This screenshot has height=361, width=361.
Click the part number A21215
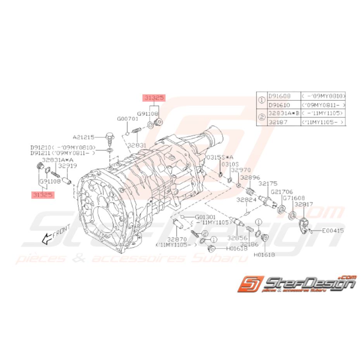pos(84,137)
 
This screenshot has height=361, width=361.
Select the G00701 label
pos(128,119)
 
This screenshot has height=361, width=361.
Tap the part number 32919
pos(67,166)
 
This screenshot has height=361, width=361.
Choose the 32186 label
pos(249,244)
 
